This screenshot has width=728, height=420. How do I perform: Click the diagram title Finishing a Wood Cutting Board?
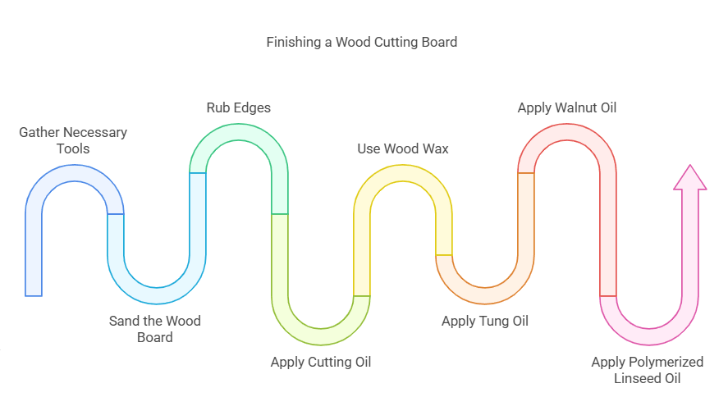tap(361, 42)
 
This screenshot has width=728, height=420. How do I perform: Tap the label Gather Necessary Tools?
tap(73, 140)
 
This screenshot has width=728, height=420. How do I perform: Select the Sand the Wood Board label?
tap(154, 329)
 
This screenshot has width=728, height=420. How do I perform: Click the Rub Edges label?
tap(238, 107)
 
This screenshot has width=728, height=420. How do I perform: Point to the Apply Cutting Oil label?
tap(321, 362)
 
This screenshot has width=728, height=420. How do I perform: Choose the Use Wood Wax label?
tap(403, 148)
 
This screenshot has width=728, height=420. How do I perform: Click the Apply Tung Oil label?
tap(484, 321)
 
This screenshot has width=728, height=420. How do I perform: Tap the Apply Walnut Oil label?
tap(566, 107)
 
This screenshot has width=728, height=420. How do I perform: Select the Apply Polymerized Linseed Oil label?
tap(647, 370)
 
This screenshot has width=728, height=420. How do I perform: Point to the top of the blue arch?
tap(75, 173)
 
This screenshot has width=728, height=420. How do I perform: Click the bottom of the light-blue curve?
tap(157, 295)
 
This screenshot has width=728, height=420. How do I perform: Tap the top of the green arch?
tap(239, 132)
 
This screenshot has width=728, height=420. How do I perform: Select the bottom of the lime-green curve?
tap(321, 336)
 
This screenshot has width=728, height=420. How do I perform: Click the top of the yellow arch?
tap(403, 173)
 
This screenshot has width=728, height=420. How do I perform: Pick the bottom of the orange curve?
tap(485, 295)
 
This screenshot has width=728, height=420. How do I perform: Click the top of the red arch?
tap(567, 132)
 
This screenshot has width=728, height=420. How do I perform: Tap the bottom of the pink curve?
tap(649, 336)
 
